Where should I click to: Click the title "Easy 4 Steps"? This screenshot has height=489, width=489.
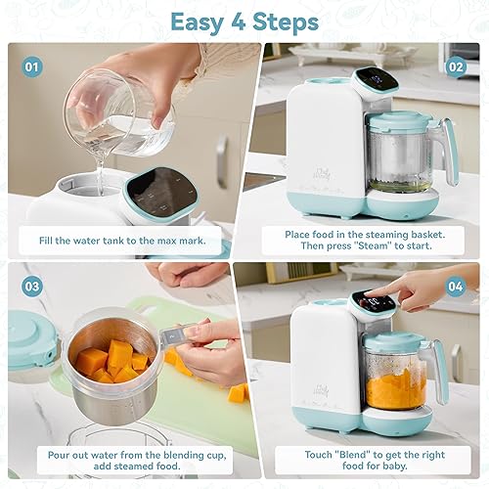click(244, 21)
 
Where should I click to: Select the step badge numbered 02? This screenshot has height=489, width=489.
click(457, 67)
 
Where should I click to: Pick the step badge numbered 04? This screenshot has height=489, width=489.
click(457, 287)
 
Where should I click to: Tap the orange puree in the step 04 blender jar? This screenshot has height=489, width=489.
click(396, 389)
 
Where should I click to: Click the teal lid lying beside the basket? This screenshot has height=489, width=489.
click(27, 342)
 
